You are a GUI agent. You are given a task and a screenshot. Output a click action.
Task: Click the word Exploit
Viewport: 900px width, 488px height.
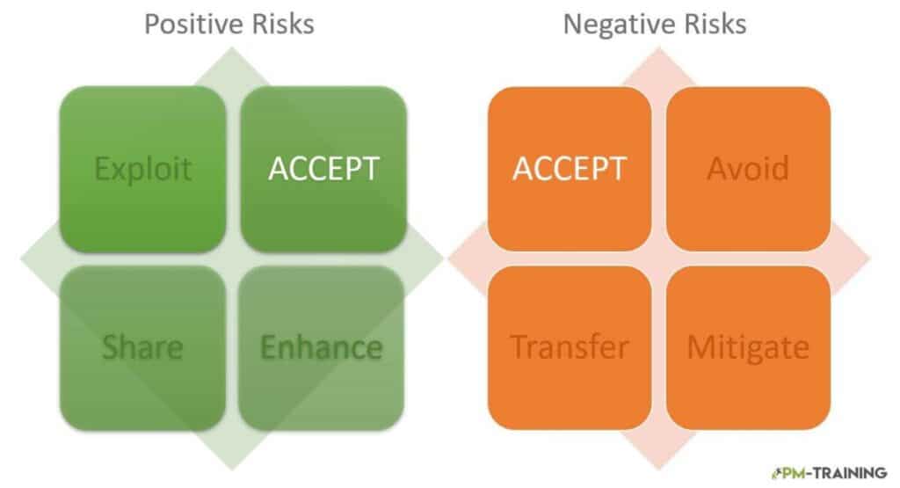(x=143, y=170)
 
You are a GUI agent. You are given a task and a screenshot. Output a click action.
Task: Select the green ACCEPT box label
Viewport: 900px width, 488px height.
(x=323, y=169)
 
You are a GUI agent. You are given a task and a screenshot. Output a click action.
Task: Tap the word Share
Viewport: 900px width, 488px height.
(x=142, y=347)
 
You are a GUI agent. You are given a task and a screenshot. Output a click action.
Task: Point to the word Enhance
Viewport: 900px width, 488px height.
(x=322, y=347)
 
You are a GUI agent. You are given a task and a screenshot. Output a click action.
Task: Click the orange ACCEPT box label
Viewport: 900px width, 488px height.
(x=569, y=169)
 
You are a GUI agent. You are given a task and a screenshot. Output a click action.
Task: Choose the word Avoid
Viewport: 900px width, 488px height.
(x=748, y=169)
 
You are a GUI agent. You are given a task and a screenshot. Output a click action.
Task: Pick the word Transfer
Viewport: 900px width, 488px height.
(x=570, y=347)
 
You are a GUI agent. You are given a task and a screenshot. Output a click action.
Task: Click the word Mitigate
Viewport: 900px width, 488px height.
(x=748, y=348)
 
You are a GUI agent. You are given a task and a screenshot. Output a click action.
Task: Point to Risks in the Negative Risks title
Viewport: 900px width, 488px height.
(x=710, y=24)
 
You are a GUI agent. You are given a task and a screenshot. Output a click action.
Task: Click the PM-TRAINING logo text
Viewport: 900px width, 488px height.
(x=830, y=473)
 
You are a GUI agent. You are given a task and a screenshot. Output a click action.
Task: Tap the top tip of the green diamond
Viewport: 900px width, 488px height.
(x=232, y=47)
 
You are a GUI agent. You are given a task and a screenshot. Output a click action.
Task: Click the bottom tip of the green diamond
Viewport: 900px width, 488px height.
(x=232, y=470)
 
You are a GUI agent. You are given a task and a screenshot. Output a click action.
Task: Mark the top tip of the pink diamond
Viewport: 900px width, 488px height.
(x=659, y=47)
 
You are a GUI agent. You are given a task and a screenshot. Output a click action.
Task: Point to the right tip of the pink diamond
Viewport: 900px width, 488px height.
(x=870, y=259)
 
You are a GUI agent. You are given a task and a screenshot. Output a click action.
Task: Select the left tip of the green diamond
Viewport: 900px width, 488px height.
(x=21, y=259)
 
